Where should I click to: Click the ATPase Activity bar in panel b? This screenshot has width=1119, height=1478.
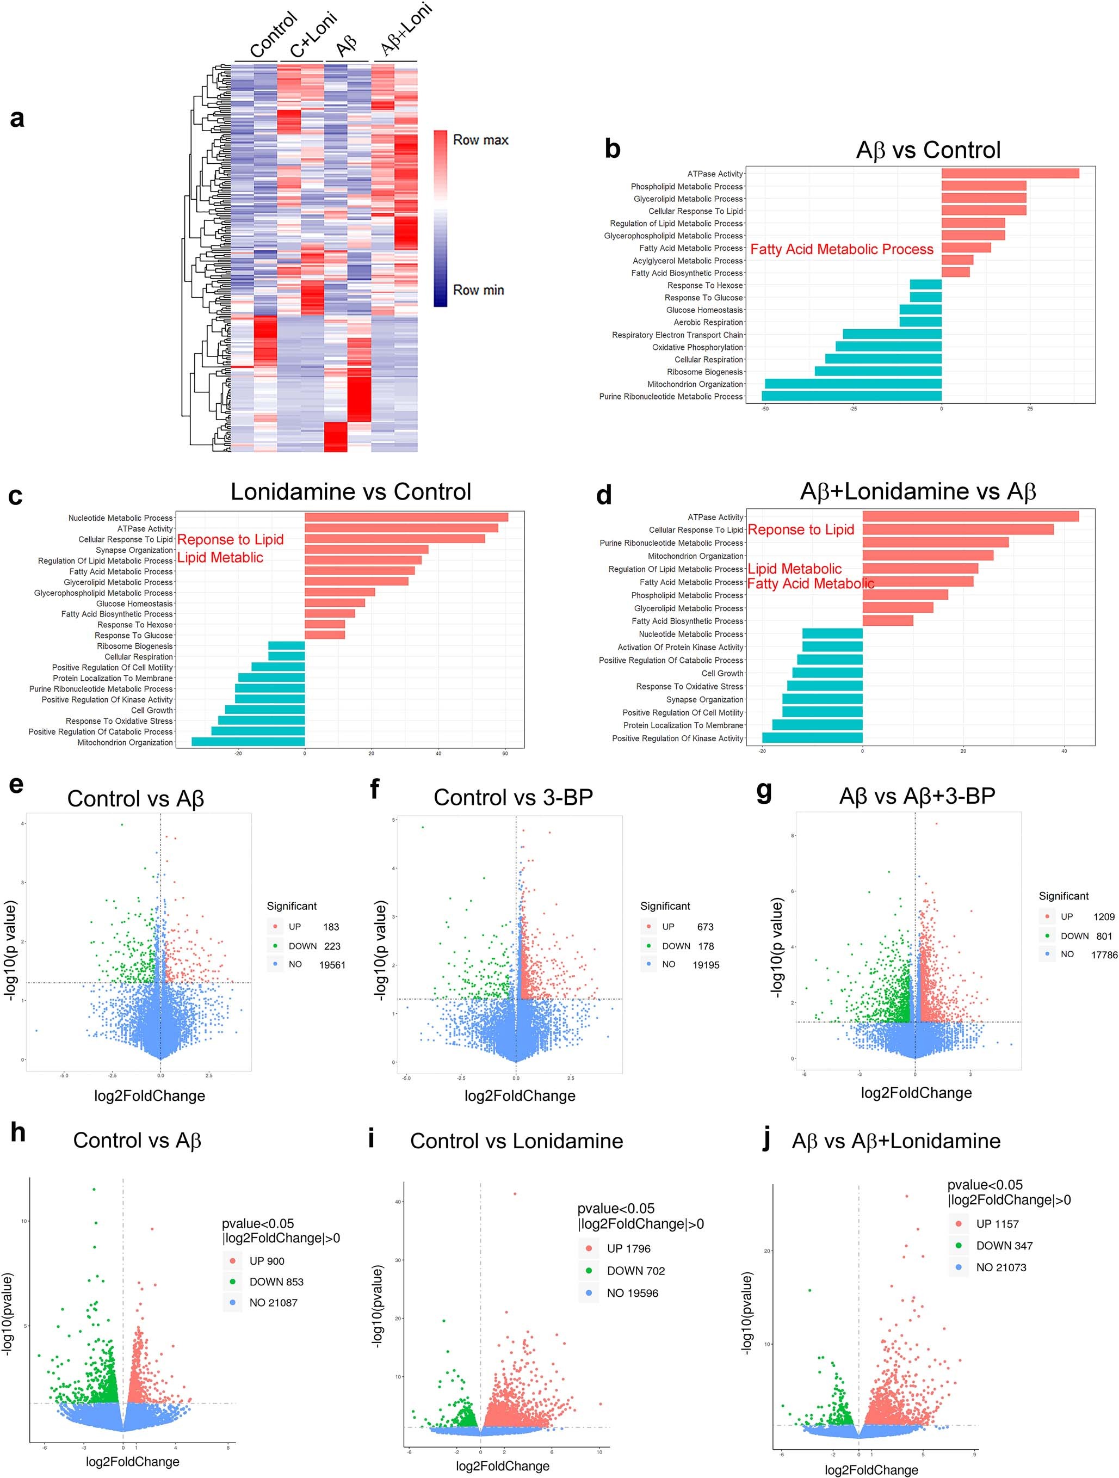coord(1010,174)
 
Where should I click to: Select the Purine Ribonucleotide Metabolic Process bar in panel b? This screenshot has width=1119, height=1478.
coord(851,396)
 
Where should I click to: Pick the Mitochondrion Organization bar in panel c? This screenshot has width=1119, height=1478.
coord(248,742)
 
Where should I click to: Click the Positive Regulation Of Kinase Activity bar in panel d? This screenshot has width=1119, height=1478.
coord(812,738)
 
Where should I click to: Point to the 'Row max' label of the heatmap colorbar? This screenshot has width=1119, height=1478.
coord(480,140)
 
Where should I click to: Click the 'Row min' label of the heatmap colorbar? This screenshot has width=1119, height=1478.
coord(478,290)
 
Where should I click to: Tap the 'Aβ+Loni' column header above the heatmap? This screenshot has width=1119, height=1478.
coord(405,30)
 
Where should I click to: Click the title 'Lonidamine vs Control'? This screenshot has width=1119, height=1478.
coord(351,492)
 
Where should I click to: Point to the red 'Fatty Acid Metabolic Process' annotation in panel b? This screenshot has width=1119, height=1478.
coord(841,249)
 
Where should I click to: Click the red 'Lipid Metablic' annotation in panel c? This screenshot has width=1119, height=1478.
coord(220,557)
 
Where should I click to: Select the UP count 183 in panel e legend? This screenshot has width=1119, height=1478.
coord(331,927)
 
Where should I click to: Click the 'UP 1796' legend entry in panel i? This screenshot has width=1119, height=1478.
coord(627,1249)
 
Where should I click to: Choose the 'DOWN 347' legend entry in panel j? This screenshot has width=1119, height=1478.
coord(1004,1246)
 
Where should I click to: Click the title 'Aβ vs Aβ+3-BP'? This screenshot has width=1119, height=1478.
coord(917,796)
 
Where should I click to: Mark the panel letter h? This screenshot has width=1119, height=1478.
coord(18,1132)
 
